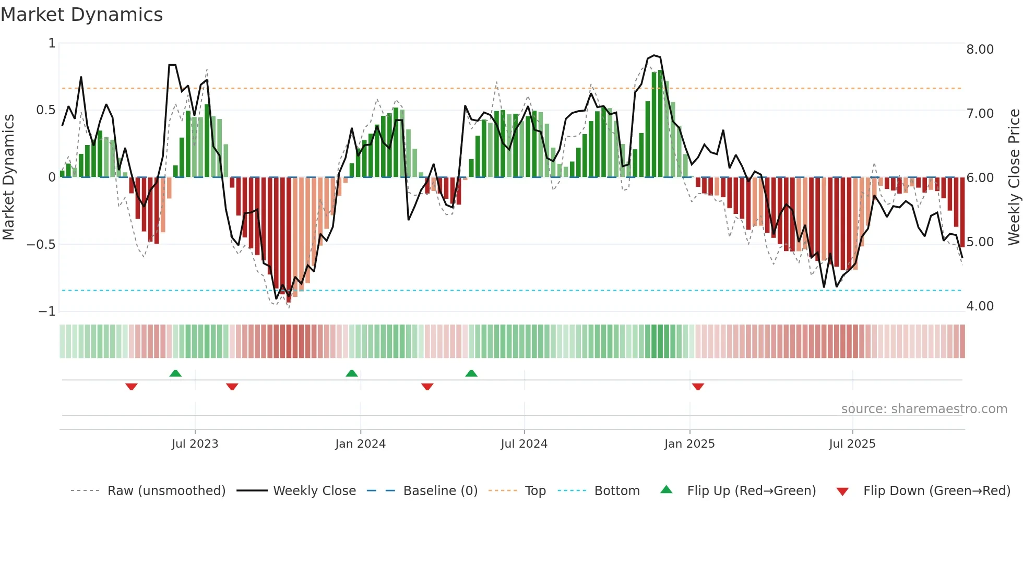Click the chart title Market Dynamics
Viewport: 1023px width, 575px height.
click(81, 15)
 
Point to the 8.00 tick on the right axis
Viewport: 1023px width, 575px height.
click(980, 50)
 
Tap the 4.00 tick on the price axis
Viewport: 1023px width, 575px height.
click(980, 306)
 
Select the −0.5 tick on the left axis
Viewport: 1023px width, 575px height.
click(41, 245)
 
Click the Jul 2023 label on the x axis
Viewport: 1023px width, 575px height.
click(195, 444)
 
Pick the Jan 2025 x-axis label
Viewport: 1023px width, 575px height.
click(689, 444)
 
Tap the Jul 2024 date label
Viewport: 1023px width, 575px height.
click(524, 444)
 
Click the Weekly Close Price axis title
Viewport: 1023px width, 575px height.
click(1014, 177)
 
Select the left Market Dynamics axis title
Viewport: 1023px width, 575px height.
click(8, 177)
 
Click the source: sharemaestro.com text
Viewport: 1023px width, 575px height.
click(924, 409)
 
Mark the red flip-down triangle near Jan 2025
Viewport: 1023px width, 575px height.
click(698, 387)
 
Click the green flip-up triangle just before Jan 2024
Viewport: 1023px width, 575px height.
click(352, 373)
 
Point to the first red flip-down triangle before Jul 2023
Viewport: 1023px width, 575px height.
click(132, 387)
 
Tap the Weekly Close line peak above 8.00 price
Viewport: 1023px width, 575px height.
click(654, 55)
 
